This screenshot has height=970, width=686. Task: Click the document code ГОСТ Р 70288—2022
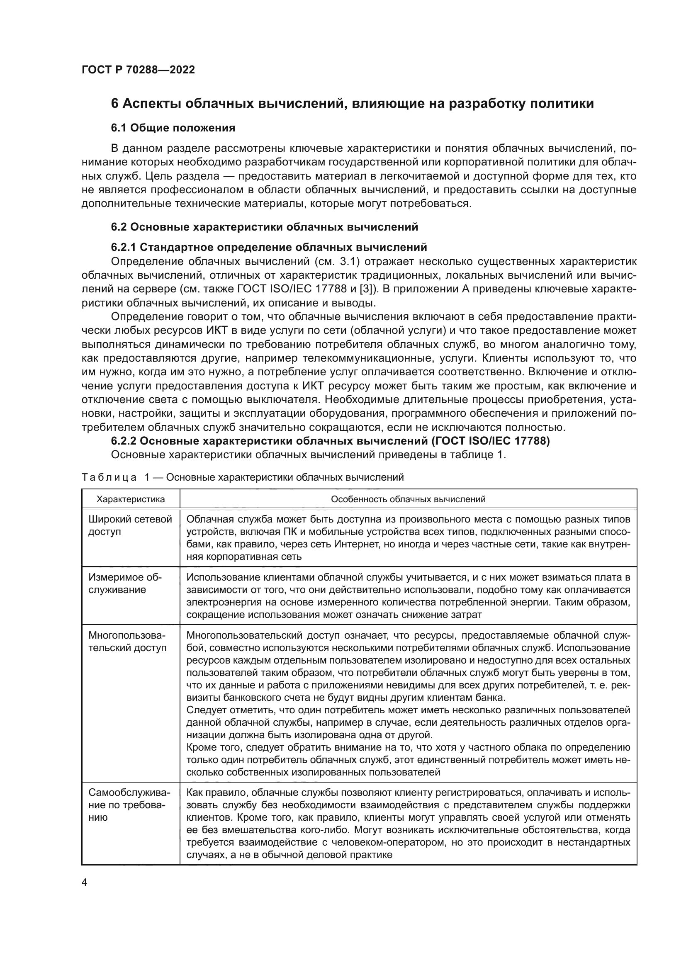pos(138,70)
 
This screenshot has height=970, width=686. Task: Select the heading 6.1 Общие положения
pos(173,128)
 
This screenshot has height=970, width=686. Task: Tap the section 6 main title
pos(352,104)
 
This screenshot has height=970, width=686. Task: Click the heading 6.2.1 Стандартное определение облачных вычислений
pos(269,247)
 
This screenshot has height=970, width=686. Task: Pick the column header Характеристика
pos(131,499)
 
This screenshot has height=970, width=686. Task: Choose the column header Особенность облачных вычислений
pos(408,499)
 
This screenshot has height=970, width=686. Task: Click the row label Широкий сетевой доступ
pos(130,525)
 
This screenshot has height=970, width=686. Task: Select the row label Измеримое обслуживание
pos(125,583)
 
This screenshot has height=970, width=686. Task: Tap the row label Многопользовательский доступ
pos(127,642)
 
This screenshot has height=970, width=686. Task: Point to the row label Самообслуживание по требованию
pos(129,805)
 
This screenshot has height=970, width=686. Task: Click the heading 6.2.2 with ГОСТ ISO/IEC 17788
pos(330,441)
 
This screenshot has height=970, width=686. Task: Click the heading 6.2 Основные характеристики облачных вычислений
pos(265,227)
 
